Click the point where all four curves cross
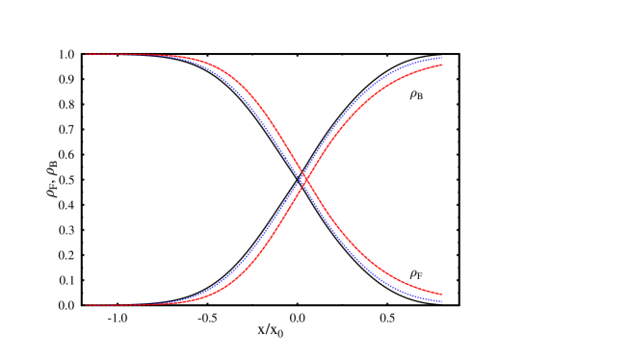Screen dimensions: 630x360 point(304,179)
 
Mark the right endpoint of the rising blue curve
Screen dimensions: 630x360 point(441,58)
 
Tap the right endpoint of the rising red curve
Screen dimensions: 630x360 point(441,64)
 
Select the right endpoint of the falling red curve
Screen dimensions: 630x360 point(441,295)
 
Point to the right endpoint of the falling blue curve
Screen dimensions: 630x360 point(441,301)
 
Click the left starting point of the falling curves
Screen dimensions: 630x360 point(87,55)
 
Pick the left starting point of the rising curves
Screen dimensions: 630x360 point(87,305)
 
